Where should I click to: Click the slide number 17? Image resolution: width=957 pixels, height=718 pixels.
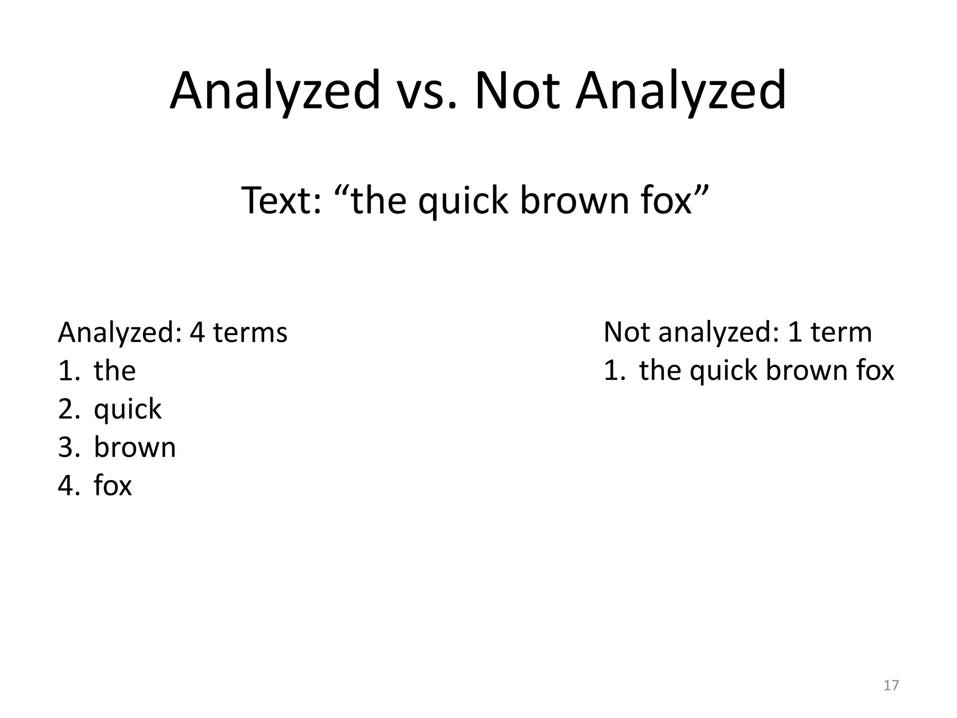(891, 685)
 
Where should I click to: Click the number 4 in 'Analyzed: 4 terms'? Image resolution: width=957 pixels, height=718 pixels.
(197, 333)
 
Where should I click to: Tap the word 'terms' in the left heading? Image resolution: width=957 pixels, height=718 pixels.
(250, 333)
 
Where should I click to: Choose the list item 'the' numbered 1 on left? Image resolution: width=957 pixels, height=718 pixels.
(114, 371)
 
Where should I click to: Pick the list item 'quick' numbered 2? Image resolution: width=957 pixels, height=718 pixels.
(127, 410)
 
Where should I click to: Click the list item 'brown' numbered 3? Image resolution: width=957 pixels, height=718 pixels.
(135, 447)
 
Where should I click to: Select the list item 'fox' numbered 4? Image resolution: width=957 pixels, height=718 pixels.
(113, 486)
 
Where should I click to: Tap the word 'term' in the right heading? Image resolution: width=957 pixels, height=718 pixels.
(841, 333)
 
